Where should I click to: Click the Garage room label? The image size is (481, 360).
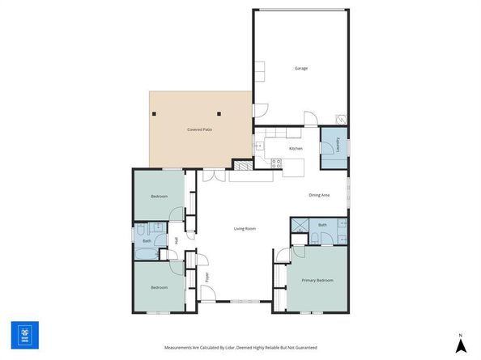coord(300,68)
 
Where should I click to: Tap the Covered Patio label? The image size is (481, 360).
coord(200,129)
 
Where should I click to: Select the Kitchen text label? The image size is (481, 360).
coord(296,149)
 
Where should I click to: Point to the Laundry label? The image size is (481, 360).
coord(337,146)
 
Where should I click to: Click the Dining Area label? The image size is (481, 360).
coord(319,195)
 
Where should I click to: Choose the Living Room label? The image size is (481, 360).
coord(245,229)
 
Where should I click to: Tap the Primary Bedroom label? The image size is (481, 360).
coord(317,280)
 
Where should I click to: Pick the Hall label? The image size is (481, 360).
coord(177,240)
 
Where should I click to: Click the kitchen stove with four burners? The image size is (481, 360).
coord(276,162)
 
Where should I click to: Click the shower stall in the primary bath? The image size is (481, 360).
coord(299,226)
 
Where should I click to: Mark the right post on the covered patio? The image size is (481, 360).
coord(219,114)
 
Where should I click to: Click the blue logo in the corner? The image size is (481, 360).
coord(25,335)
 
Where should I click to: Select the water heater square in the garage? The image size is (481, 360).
coord(342,116)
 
